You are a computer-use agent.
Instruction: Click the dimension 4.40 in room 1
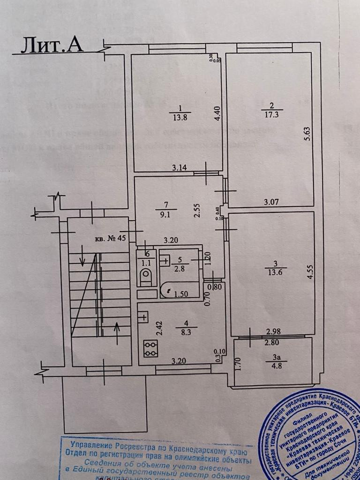coord(217,114)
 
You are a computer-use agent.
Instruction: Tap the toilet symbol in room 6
coord(145,276)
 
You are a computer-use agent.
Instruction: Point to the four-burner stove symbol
coord(150,348)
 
